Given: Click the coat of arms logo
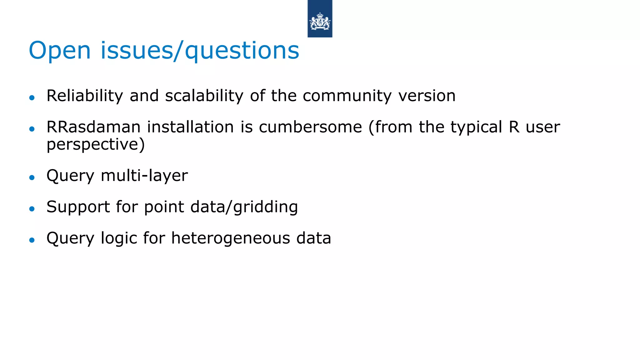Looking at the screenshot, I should [320, 21].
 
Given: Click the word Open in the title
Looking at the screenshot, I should [59, 51].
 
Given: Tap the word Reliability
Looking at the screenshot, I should [85, 96].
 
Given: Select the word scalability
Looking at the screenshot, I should [204, 96].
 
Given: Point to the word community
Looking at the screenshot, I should [347, 96].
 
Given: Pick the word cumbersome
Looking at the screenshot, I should [310, 127].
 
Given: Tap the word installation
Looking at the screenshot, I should [190, 127].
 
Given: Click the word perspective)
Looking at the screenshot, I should [96, 145].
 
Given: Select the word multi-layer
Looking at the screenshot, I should [144, 176].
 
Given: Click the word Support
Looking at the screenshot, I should [78, 207].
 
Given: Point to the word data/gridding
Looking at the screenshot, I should [244, 207].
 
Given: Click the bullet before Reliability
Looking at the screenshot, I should [32, 98].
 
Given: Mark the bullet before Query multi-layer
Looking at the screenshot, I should [32, 177].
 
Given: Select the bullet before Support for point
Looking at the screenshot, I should [32, 209].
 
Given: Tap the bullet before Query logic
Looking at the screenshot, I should [32, 240].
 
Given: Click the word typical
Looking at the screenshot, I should [476, 127].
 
